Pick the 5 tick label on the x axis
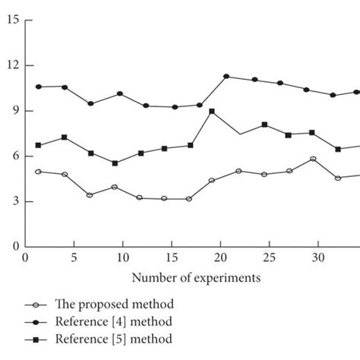pyautogui.click(x=74, y=258)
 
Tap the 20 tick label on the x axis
pyautogui.click(x=221, y=258)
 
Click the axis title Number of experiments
pyautogui.click(x=197, y=278)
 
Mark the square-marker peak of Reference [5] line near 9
pyautogui.click(x=212, y=112)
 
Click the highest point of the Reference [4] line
pyautogui.click(x=226, y=77)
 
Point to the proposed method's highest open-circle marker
pyautogui.click(x=312, y=159)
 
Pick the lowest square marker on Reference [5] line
pyautogui.click(x=115, y=163)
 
